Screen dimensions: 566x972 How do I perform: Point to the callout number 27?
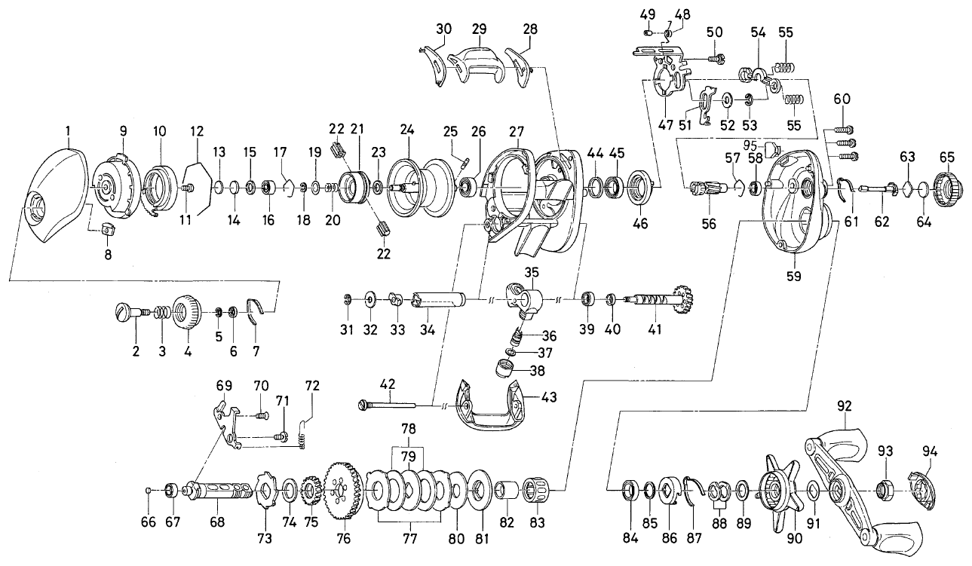[x=517, y=130]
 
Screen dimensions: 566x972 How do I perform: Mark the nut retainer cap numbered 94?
[x=923, y=487]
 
